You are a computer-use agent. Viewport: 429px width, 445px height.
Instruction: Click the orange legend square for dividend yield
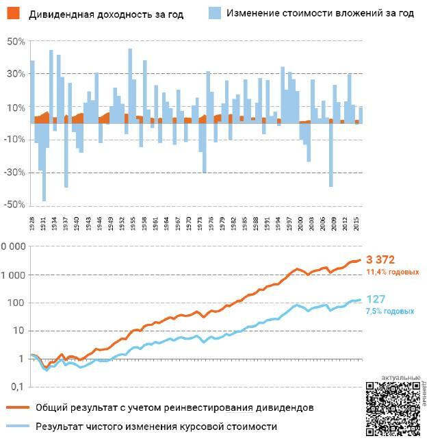[14, 13]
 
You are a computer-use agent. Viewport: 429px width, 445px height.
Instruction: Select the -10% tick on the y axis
[15, 140]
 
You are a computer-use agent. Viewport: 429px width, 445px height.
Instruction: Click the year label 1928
[31, 223]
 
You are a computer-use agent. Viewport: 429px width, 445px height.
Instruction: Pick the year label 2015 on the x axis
[356, 223]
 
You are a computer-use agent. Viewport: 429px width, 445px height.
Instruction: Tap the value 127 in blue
[376, 299]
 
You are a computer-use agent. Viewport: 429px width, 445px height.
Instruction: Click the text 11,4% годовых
[393, 272]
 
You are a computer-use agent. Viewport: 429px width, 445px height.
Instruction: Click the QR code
[392, 409]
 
